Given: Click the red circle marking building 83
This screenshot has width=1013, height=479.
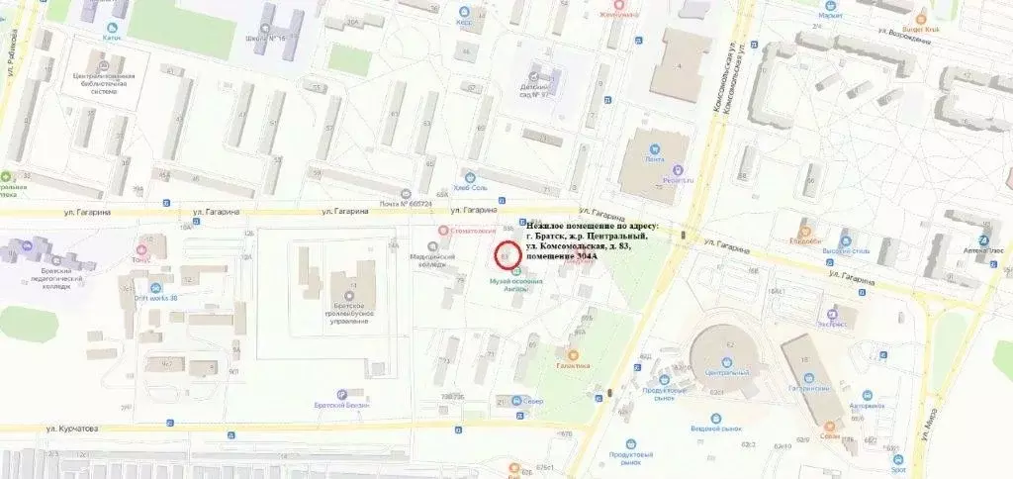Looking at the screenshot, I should tap(506, 256).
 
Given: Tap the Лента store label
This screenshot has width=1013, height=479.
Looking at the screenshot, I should tap(654, 159).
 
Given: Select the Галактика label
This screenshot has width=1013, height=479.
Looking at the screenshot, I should tap(573, 365).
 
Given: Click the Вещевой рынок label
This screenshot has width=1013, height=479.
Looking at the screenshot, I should tap(711, 430).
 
